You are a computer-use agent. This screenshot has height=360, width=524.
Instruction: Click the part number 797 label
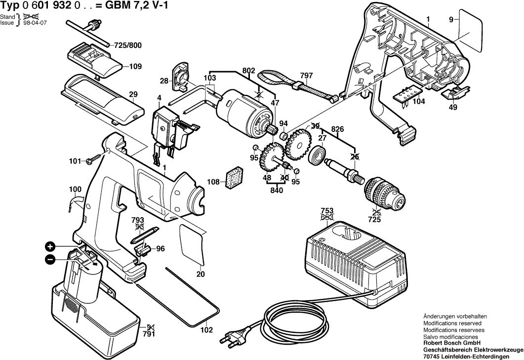pos(306,76)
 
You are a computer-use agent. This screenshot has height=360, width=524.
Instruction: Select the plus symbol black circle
pos(50,246)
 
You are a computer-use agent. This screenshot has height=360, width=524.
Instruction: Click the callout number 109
pos(135,66)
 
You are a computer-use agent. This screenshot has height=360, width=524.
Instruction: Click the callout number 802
pos(249,71)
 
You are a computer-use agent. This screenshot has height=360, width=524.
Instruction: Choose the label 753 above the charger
pos(326,210)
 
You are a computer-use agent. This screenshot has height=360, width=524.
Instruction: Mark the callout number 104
pos(419,101)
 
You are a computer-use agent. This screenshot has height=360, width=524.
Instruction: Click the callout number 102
pos(206,329)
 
